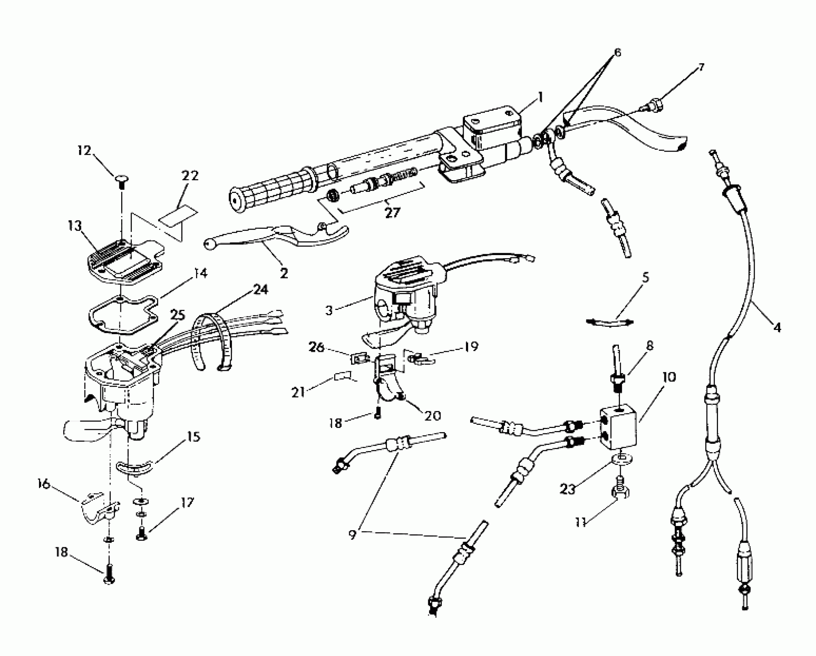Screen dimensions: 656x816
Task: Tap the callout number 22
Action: pos(190,176)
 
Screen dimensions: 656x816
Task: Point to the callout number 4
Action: pos(777,328)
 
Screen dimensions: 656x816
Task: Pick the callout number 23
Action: pos(568,489)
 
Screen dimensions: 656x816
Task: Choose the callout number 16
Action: pos(44,484)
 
